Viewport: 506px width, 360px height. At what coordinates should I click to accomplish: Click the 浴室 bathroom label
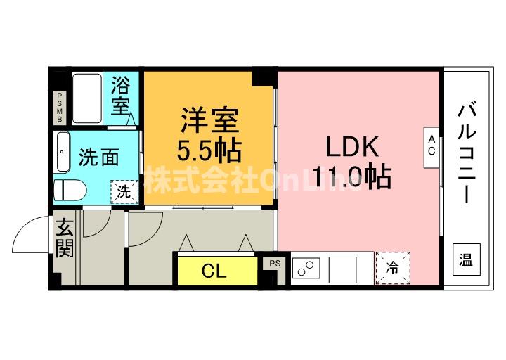121,97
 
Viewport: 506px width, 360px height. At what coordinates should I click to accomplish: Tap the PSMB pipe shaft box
60,108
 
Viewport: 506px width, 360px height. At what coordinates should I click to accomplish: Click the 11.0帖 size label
351,177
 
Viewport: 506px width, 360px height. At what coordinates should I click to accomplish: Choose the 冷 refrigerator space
392,268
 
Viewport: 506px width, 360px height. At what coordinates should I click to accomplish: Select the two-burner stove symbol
307,269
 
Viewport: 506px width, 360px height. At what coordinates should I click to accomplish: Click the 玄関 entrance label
65,238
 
